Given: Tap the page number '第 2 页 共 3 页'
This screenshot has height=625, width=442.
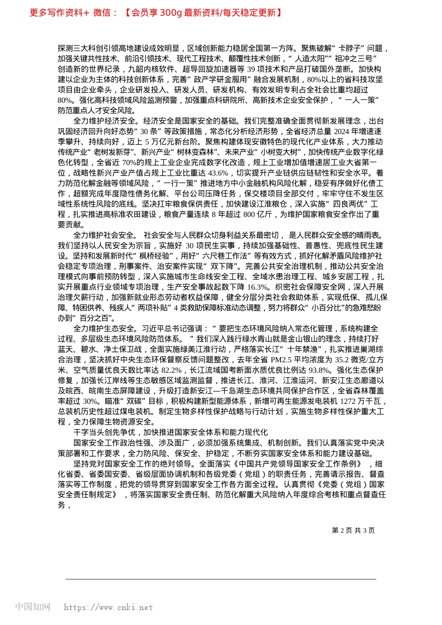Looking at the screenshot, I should (353, 530).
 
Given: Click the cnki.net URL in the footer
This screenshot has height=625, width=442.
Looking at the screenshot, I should (108, 607).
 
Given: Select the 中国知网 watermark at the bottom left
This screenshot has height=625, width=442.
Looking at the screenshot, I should (33, 607).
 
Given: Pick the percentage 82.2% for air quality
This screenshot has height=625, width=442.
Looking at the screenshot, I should (171, 370).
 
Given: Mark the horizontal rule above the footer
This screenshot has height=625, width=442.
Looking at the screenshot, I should (221, 579).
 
